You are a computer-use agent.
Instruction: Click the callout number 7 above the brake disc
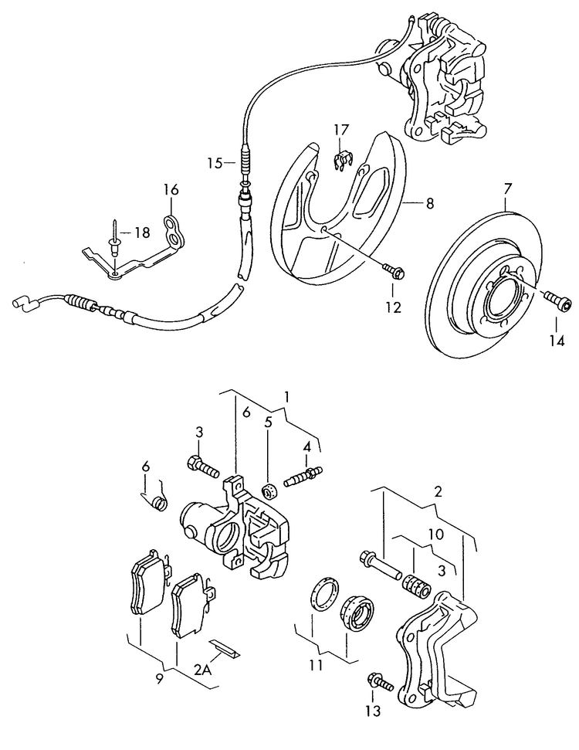(x=507, y=188)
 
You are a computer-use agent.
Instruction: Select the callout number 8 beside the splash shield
(x=429, y=204)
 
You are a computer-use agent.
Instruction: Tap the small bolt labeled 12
(x=394, y=270)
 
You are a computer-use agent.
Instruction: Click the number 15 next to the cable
(x=215, y=163)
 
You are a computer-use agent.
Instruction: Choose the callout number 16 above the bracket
(x=171, y=189)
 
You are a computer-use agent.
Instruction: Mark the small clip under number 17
(x=342, y=161)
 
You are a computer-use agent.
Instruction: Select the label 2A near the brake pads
(x=202, y=670)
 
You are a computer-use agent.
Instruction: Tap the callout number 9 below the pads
(x=160, y=680)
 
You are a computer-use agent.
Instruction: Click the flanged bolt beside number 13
(x=380, y=681)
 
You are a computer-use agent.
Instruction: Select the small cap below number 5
(x=269, y=490)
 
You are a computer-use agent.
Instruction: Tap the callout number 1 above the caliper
(x=286, y=396)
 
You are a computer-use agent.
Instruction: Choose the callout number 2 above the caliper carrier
(x=437, y=491)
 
